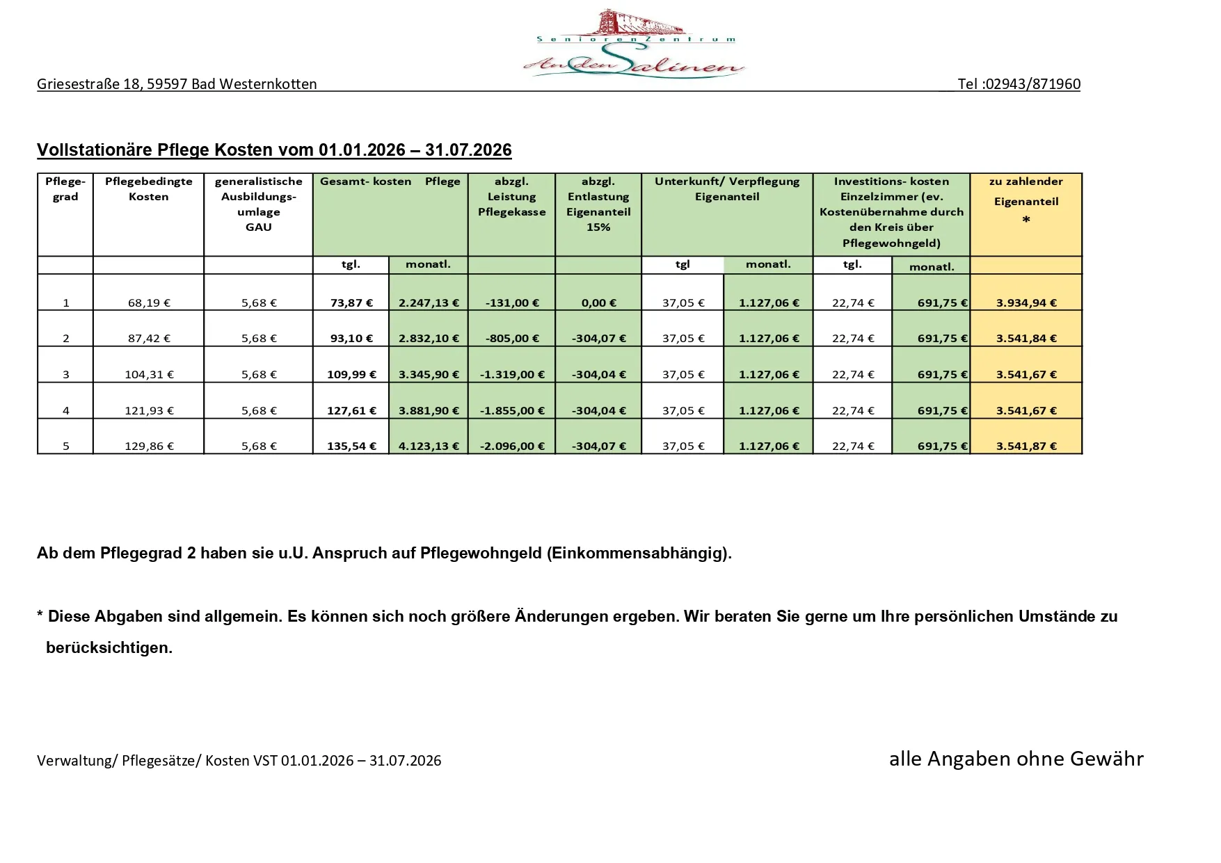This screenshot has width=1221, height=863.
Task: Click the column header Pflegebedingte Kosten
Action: pyautogui.click(x=148, y=189)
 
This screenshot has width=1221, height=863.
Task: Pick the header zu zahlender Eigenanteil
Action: pyautogui.click(x=1026, y=192)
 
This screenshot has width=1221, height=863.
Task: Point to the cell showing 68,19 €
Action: pyautogui.click(x=149, y=303)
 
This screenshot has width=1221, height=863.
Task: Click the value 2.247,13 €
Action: pyautogui.click(x=429, y=303)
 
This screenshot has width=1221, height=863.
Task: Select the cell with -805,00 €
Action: pyautogui.click(x=512, y=339)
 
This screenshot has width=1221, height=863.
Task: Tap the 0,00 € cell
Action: pyautogui.click(x=598, y=303)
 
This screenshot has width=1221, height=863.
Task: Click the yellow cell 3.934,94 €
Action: pyautogui.click(x=1026, y=303)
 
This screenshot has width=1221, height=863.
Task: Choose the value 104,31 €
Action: pyautogui.click(x=149, y=375)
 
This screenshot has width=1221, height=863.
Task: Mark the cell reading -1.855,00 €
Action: pyautogui.click(x=512, y=411)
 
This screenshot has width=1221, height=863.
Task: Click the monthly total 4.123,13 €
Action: pyautogui.click(x=429, y=446)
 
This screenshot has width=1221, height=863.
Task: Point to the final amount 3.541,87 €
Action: pyautogui.click(x=1026, y=446)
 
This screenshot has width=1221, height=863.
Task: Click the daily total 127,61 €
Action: pyautogui.click(x=351, y=411)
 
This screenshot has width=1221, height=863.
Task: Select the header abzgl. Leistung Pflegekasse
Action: pyautogui.click(x=511, y=197)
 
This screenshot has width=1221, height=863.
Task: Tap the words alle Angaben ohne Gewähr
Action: pyautogui.click(x=1016, y=759)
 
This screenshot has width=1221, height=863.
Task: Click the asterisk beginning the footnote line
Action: pyautogui.click(x=40, y=616)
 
